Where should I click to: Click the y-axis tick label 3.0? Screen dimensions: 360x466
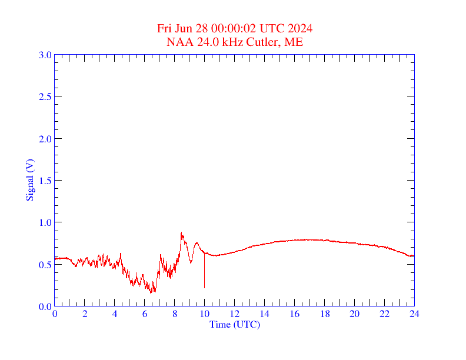click(x=45, y=55)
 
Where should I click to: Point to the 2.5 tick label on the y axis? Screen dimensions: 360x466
click(x=45, y=96)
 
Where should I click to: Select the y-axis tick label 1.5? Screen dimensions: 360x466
click(x=45, y=181)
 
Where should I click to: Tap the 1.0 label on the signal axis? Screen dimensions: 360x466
click(x=45, y=222)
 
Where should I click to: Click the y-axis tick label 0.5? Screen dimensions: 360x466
click(x=45, y=265)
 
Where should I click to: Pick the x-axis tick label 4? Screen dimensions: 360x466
click(x=115, y=314)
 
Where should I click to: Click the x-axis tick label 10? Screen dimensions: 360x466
click(x=205, y=314)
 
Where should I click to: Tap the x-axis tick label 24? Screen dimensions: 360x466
click(x=414, y=314)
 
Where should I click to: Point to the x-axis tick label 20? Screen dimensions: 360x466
click(x=354, y=314)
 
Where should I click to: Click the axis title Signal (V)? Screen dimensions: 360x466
click(x=29, y=180)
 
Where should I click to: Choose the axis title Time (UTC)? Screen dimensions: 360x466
click(x=234, y=324)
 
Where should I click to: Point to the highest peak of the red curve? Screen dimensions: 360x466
click(x=181, y=232)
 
